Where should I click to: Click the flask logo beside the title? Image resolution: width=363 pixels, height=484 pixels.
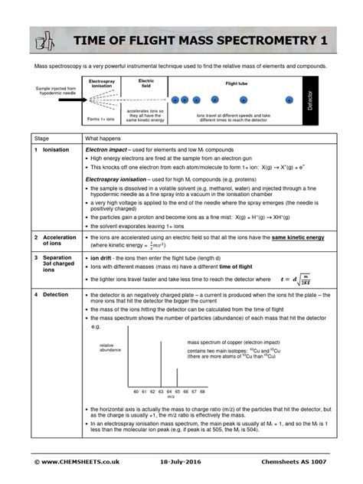[46, 41]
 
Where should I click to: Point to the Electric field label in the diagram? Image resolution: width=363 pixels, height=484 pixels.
[146, 83]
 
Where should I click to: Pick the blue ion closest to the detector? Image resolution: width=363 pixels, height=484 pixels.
[289, 100]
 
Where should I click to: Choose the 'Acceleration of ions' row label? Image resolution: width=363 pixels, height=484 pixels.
[59, 241]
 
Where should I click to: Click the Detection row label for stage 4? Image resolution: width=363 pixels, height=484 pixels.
[55, 293]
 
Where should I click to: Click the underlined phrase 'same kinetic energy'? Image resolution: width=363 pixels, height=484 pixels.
[298, 237]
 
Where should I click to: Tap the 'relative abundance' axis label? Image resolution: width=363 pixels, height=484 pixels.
[111, 348]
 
